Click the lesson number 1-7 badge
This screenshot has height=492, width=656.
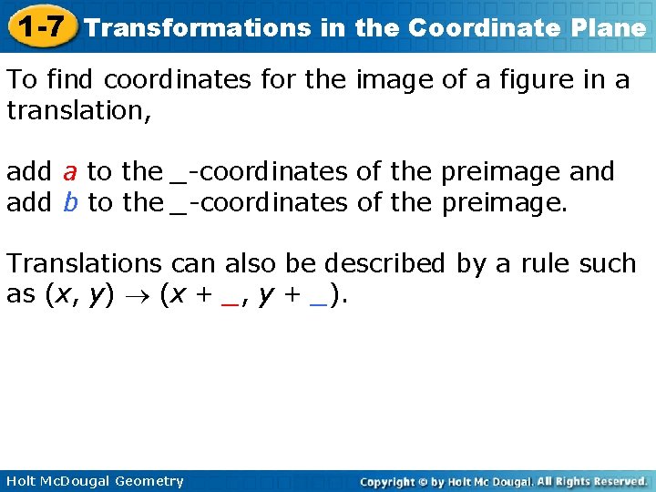tap(39, 26)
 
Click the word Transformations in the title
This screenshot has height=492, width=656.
tap(198, 28)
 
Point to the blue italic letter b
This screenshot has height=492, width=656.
tap(70, 202)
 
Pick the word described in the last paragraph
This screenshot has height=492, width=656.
tap(385, 263)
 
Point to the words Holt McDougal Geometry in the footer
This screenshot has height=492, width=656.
tap(93, 481)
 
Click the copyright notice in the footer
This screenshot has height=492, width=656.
tap(503, 481)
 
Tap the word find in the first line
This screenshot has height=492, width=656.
tap(71, 80)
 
